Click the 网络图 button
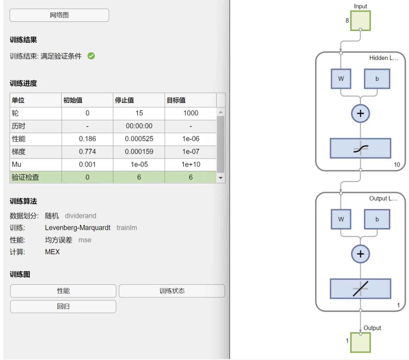click(59, 15)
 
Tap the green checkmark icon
click(91, 56)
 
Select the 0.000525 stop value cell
click(139, 139)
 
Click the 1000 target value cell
click(191, 113)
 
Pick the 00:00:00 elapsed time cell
click(139, 126)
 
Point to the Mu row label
click(17, 165)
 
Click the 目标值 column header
click(176, 100)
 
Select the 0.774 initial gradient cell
click(87, 152)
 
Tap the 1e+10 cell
click(191, 165)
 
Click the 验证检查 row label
click(25, 177)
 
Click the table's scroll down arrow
click(221, 178)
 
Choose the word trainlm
click(127, 228)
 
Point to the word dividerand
click(80, 216)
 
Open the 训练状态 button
click(172, 291)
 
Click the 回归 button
click(63, 306)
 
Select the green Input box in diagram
click(360, 20)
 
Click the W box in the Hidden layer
click(341, 79)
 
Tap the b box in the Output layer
click(377, 219)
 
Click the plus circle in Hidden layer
click(360, 114)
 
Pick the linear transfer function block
click(360, 289)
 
